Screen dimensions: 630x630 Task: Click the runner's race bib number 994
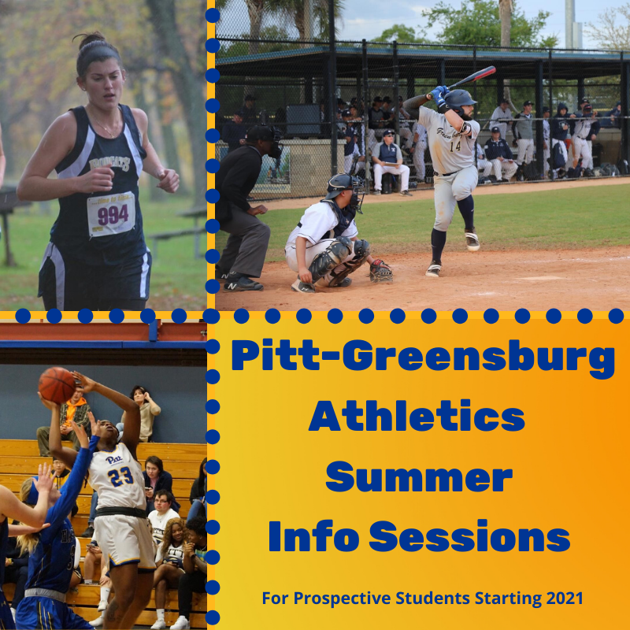coord(111,213)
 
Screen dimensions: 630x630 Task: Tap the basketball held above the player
coord(57,385)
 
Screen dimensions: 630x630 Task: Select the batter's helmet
coord(461,100)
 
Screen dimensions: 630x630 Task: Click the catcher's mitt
coord(381,272)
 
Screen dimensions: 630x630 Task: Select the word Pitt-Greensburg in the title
coord(422,358)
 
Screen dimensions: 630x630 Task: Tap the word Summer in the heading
coord(418,476)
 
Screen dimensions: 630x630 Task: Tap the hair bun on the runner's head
coord(89,39)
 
